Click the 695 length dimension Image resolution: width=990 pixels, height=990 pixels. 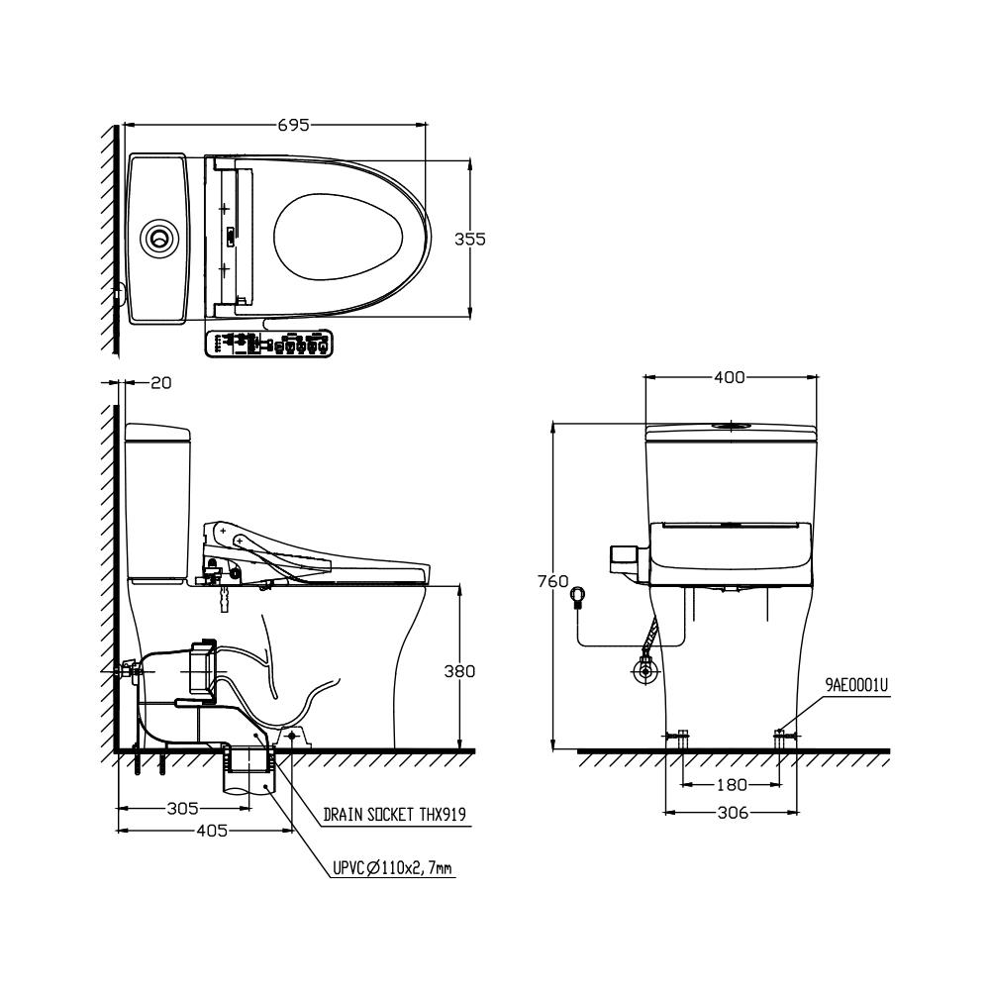294,126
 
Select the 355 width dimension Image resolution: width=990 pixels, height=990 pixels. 469,239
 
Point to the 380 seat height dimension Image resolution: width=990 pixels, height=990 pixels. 458,671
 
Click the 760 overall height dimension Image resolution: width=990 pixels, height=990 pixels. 552,583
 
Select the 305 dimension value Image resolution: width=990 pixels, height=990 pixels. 182,808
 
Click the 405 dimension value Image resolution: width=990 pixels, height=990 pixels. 209,831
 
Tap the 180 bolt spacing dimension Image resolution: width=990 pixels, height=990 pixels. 731,784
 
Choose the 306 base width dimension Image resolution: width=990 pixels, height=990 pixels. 731,813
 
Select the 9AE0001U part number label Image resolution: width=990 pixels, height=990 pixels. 856,683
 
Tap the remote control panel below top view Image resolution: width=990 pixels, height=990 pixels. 267,344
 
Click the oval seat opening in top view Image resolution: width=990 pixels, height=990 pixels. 339,238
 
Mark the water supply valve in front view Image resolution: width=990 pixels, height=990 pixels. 646,671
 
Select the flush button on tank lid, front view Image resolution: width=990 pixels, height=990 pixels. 731,427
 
